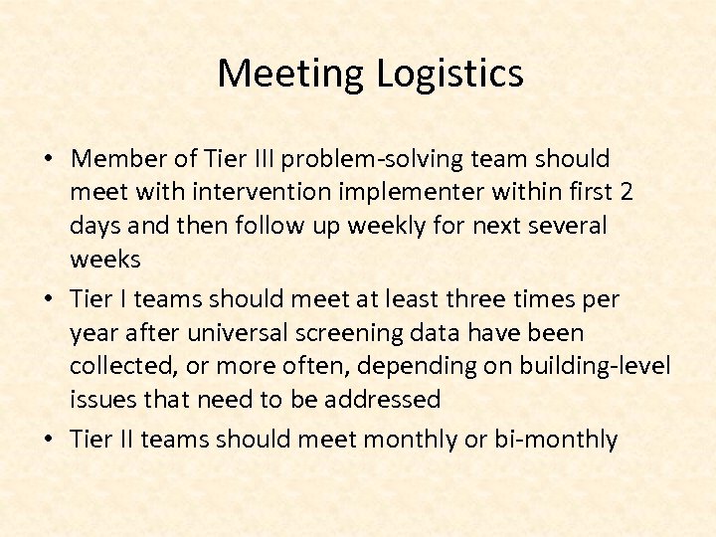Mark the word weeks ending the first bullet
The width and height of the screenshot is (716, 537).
(x=104, y=260)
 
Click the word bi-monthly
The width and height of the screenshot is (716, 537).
(x=556, y=439)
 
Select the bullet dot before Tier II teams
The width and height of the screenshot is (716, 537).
(x=49, y=440)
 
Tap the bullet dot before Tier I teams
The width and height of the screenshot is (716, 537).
(x=49, y=299)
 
